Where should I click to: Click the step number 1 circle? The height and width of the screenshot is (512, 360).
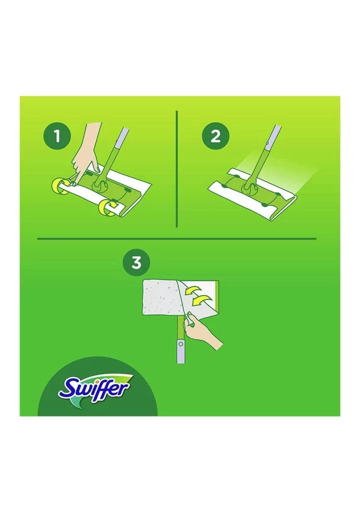pos(57,136)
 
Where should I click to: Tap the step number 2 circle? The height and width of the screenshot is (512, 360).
pos(215,136)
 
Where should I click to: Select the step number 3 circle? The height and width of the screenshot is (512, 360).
pos(136,262)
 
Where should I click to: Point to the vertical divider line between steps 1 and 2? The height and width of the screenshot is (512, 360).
pos(177,169)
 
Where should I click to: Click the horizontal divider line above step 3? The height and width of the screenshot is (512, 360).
pos(177,239)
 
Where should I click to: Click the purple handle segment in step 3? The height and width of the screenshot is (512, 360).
pos(180,351)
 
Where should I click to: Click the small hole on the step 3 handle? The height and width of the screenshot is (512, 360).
pos(180,344)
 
